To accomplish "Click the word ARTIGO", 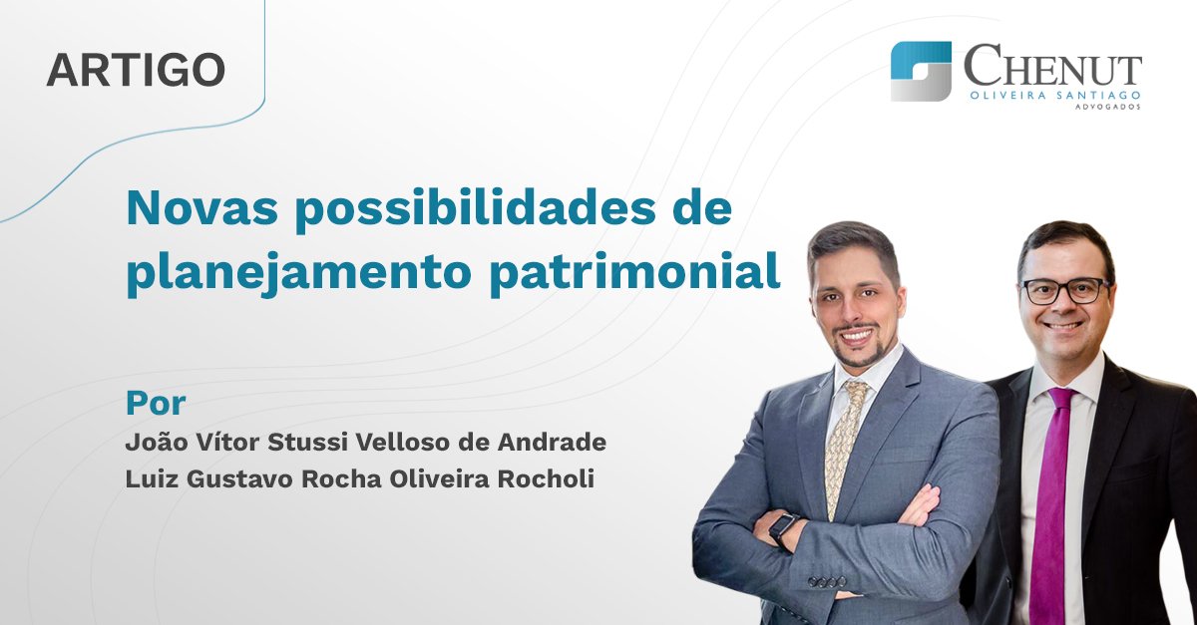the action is tap(136, 70).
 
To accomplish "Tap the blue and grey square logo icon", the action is tap(921, 71).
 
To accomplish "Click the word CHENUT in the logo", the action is tap(1052, 65).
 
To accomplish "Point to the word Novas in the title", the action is tap(201, 208).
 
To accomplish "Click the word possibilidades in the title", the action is tap(476, 210).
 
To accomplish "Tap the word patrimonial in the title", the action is tap(634, 272).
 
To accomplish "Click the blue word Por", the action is tap(156, 404).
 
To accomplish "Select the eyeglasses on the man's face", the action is tap(1065, 292).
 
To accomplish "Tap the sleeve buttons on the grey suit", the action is tap(826, 581).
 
